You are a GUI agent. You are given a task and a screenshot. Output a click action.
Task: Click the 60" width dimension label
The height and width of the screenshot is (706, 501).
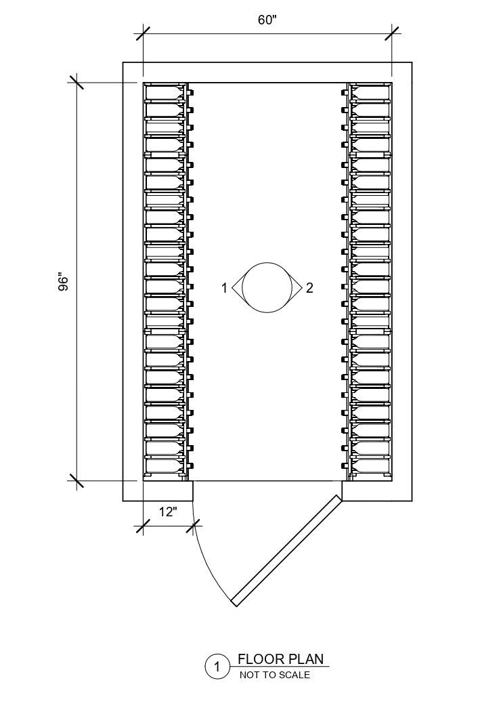[x=267, y=20]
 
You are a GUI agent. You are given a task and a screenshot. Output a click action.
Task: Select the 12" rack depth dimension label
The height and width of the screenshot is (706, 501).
[x=167, y=512]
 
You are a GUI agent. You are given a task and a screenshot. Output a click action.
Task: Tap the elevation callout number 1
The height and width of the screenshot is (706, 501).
[x=224, y=288]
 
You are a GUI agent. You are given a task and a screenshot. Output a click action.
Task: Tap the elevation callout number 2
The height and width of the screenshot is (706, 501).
[x=309, y=288]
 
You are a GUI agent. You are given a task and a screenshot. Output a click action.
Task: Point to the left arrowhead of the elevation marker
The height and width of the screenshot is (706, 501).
[x=236, y=288]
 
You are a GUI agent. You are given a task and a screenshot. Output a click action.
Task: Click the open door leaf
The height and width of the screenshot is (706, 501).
[x=285, y=550]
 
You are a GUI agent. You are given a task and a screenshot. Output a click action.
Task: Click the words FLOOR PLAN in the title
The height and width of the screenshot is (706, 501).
[x=280, y=659]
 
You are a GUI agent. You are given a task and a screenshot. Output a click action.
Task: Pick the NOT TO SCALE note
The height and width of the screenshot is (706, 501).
[x=274, y=675]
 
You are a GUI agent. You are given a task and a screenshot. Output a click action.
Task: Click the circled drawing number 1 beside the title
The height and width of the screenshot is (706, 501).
[x=217, y=667]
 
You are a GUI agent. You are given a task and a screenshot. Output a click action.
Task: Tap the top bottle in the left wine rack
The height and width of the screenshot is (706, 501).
[x=165, y=91]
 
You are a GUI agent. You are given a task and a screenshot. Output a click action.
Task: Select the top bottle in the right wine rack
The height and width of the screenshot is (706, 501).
[x=370, y=91]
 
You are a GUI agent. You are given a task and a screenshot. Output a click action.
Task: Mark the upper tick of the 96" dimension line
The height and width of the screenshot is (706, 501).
[x=75, y=83]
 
